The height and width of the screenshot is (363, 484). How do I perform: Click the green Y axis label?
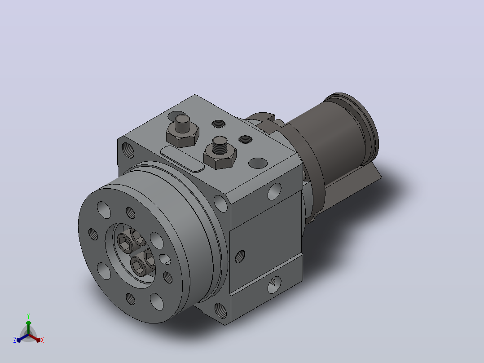coord(28,316)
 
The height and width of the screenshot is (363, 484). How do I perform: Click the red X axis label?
coord(42,340)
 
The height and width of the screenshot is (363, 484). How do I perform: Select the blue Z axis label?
coord(15,340)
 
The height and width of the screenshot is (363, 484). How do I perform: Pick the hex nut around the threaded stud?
coord(220,158)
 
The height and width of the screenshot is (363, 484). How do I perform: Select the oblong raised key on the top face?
coord(182,159)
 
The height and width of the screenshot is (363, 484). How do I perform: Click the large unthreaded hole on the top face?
coord(258,163)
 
